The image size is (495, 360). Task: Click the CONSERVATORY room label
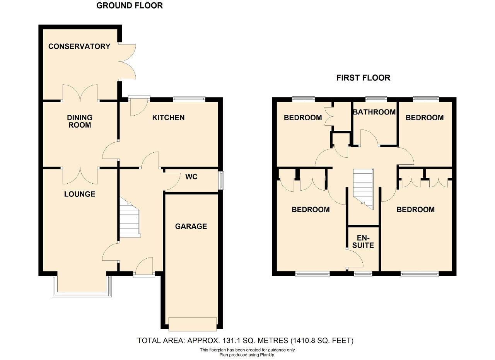79,46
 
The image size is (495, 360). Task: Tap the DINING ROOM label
80,121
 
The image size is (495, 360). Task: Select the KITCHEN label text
168,118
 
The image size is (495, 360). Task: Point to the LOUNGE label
80,194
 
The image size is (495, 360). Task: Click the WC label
191,177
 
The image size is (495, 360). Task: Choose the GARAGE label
191,226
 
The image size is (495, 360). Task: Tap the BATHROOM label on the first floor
374,112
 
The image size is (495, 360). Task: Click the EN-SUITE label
363,242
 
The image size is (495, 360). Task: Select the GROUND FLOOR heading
130,5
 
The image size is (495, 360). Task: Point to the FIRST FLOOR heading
363,78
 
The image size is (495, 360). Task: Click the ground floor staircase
130,218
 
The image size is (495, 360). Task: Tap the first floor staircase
363,189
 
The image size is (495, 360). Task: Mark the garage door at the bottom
193,324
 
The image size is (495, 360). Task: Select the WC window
221,180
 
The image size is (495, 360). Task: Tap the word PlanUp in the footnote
267,355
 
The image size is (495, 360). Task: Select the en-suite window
363,274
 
